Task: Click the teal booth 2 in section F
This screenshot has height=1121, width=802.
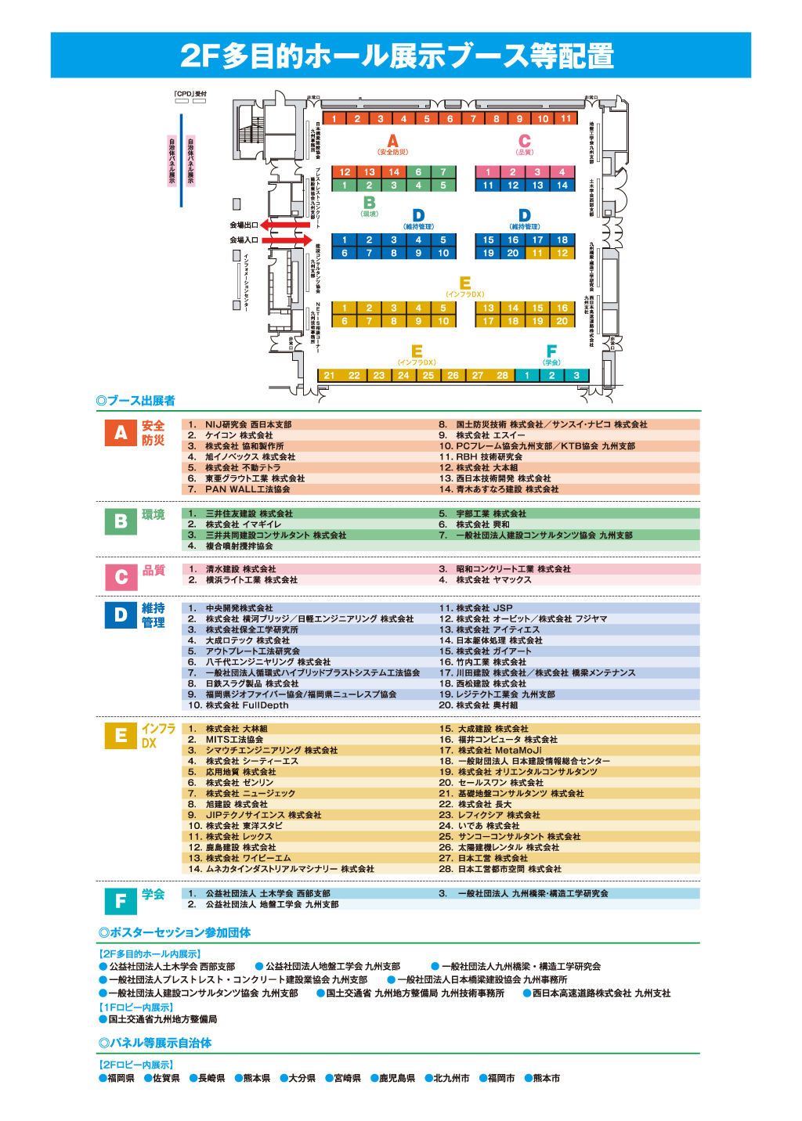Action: click(x=551, y=376)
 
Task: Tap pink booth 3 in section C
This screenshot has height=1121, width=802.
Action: click(x=537, y=172)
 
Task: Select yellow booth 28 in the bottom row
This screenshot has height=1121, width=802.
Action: click(x=502, y=376)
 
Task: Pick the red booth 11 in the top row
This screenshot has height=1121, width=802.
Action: click(x=565, y=119)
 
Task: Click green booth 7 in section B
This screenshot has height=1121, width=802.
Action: click(x=443, y=172)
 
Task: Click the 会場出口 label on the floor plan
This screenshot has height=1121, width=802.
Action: click(x=244, y=225)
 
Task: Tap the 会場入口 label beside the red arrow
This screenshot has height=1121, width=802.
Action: click(x=244, y=240)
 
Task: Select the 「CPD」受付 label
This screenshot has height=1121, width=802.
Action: click(x=190, y=94)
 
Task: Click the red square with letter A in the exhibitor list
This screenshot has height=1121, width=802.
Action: click(x=121, y=433)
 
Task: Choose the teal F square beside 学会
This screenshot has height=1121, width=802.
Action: click(x=121, y=900)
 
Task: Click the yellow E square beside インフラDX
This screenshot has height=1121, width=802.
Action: click(x=121, y=736)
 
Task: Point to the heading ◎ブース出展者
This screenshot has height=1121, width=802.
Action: click(x=135, y=401)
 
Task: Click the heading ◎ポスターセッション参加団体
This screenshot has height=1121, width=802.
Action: click(x=175, y=932)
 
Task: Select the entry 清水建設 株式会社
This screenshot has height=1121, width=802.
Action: click(x=240, y=569)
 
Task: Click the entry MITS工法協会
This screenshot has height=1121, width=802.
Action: click(x=234, y=740)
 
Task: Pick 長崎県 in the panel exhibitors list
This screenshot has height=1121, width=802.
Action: click(x=211, y=1078)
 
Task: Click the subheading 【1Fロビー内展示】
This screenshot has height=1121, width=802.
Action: click(x=135, y=1007)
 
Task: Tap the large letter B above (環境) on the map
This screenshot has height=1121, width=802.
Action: click(x=369, y=203)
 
